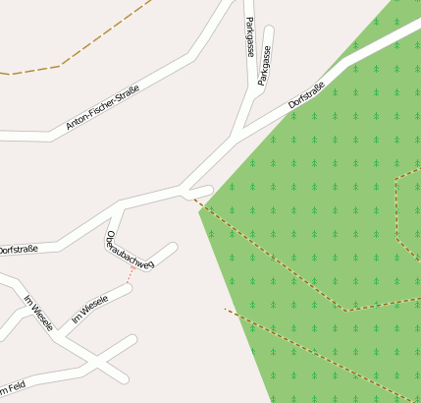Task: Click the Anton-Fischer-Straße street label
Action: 102,108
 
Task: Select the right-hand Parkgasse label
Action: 265,67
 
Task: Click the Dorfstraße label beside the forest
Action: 306,96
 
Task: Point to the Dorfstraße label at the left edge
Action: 18,250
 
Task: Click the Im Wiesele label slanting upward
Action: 89,309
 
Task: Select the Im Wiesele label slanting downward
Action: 38,313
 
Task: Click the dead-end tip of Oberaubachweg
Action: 173,247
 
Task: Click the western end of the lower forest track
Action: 227,310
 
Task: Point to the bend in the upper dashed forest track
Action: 345,310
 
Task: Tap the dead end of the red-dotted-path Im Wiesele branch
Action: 130,292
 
